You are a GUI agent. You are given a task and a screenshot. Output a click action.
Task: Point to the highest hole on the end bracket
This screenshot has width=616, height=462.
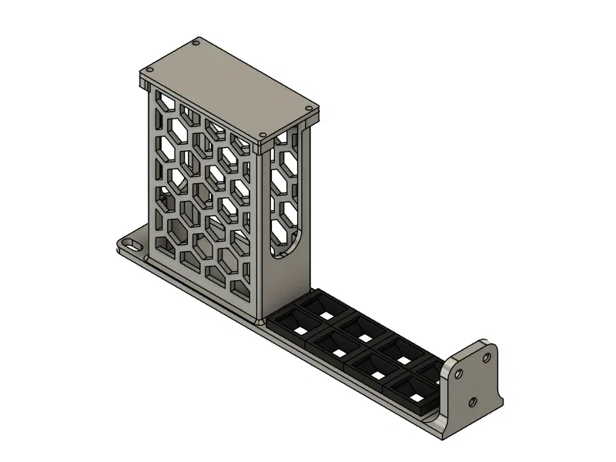(x=487, y=357)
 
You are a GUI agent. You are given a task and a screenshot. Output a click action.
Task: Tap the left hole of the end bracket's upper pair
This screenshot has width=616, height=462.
(x=460, y=373)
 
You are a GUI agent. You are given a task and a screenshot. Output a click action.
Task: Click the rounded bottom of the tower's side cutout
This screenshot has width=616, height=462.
(x=290, y=246)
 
